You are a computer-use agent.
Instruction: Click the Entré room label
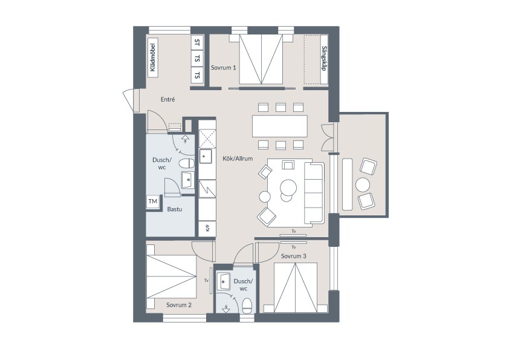tap(168, 99)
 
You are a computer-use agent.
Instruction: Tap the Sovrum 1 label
tap(223, 68)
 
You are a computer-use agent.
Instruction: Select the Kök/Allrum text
tap(238, 159)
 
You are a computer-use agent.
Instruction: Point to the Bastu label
tap(175, 209)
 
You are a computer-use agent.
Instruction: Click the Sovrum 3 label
tap(293, 256)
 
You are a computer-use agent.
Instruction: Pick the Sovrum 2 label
tap(179, 305)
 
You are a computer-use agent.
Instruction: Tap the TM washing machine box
tap(153, 201)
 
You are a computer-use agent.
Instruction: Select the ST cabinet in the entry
tap(197, 42)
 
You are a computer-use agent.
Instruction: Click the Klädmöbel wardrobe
tap(153, 57)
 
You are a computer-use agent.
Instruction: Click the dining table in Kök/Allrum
tap(280, 126)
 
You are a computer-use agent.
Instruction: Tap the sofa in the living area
tap(314, 194)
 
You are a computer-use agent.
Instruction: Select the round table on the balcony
tap(363, 185)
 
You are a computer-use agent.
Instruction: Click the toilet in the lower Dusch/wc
tap(247, 306)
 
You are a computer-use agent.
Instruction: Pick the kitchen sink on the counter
tap(205, 156)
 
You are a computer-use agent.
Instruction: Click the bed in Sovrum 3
tap(296, 287)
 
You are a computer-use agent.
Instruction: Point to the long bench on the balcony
tap(348, 184)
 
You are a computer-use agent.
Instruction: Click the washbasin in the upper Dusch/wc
tap(187, 180)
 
